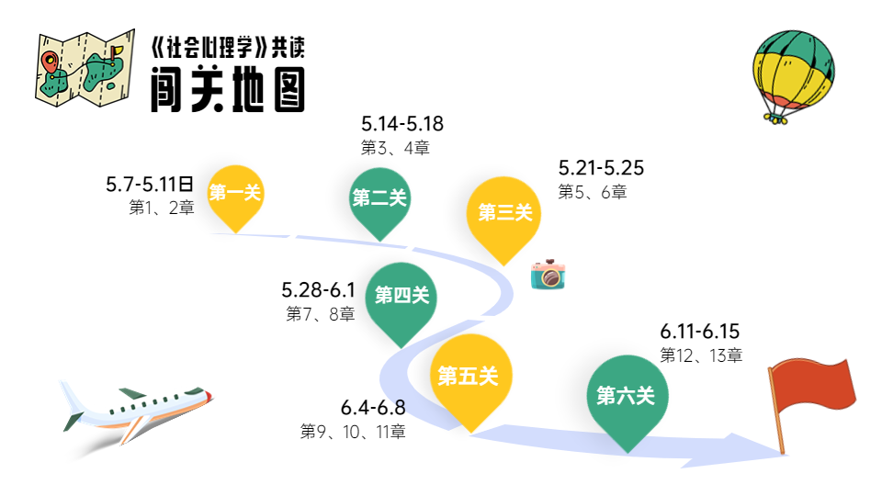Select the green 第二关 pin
[x=379, y=198]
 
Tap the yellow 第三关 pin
[x=504, y=213]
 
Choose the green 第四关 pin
[x=401, y=296]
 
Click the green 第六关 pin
[x=626, y=396]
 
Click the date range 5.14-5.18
[x=402, y=125]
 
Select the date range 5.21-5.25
[x=601, y=168]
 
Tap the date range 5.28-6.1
[x=318, y=291]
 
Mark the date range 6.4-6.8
[x=373, y=408]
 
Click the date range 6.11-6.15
[x=700, y=332]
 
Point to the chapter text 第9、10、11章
[x=353, y=431]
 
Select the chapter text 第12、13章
[x=701, y=355]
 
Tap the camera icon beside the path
[x=548, y=275]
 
